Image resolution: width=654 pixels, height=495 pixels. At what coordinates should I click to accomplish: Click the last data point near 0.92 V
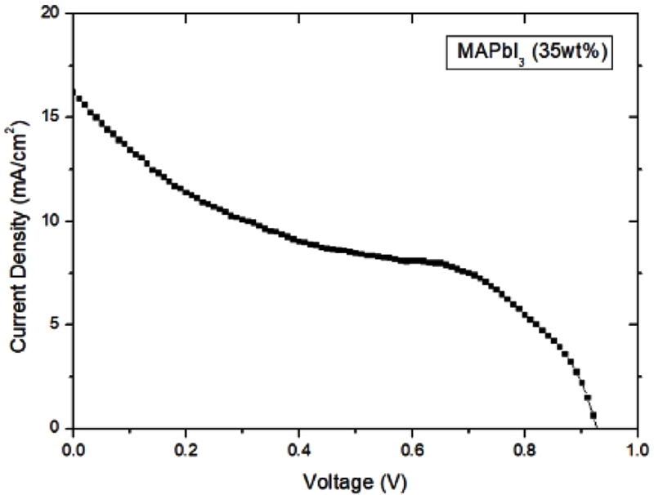pos(594,415)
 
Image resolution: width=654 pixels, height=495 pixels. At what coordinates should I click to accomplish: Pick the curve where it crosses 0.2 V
pos(186,193)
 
